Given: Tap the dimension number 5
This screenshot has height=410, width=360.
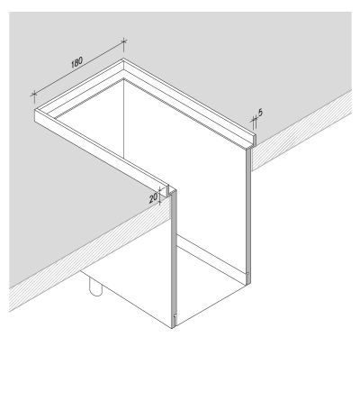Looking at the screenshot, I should [x=260, y=113].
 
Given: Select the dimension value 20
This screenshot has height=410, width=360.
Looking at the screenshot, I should [x=152, y=195].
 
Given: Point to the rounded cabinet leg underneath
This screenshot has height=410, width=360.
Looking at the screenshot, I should [x=94, y=287].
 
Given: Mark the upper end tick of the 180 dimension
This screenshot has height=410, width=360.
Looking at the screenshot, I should [x=123, y=41].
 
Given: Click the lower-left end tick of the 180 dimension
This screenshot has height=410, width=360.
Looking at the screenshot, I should [x=33, y=93].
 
